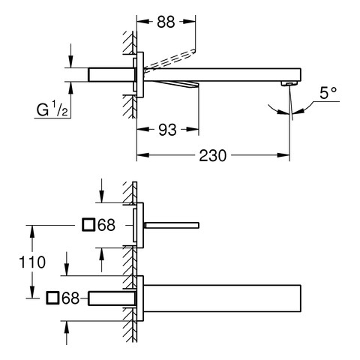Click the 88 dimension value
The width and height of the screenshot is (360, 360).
tap(166, 22)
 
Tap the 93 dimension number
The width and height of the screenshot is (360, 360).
tap(167, 130)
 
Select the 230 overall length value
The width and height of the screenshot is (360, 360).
tap(213, 155)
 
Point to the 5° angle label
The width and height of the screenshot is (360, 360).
tap(328, 93)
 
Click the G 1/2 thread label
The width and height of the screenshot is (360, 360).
tap(52, 109)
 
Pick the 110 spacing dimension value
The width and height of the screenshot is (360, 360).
tap(32, 262)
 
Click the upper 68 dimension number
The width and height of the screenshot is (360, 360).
tap(106, 225)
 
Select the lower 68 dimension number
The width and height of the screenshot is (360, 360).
tap(70, 298)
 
